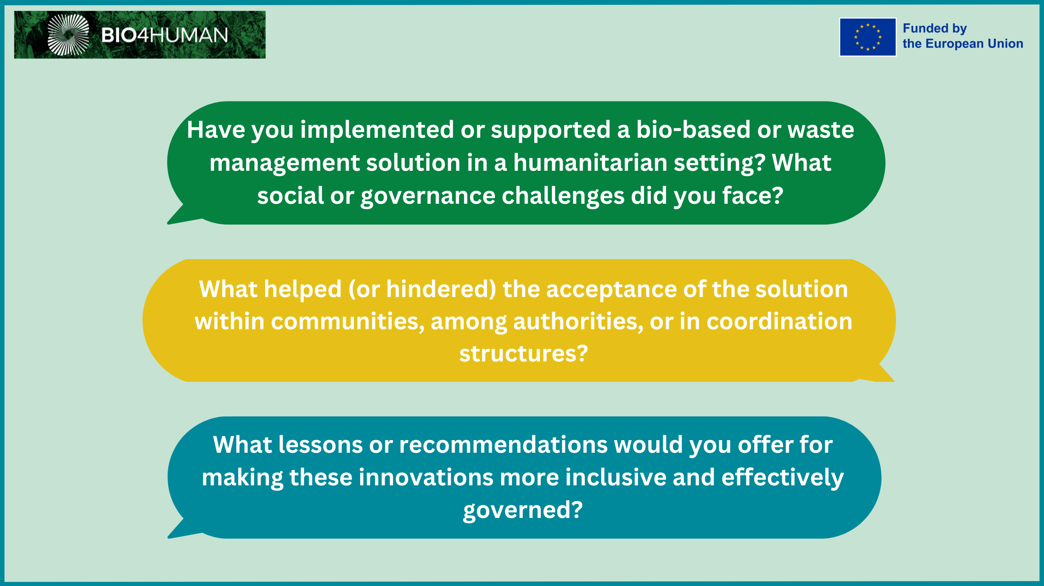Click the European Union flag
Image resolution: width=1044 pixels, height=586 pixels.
click(x=867, y=37)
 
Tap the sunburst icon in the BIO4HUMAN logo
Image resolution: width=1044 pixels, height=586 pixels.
click(x=68, y=35)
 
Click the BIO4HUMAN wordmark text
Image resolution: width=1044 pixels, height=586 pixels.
click(x=165, y=35)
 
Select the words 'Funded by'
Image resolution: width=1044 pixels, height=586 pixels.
click(x=934, y=29)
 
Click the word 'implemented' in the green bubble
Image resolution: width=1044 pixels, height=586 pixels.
click(x=377, y=130)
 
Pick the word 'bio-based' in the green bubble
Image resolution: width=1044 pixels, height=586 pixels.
click(x=693, y=130)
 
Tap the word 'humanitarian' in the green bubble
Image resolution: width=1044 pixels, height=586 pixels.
click(x=590, y=163)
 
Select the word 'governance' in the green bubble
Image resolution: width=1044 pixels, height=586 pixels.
click(x=428, y=196)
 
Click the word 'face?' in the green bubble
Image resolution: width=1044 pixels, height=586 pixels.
click(x=753, y=195)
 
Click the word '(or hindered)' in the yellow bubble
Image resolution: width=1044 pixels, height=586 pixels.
click(x=422, y=289)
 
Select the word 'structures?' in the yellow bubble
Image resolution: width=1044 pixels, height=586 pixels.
click(x=524, y=353)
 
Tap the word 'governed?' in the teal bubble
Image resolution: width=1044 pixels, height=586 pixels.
click(x=523, y=510)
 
